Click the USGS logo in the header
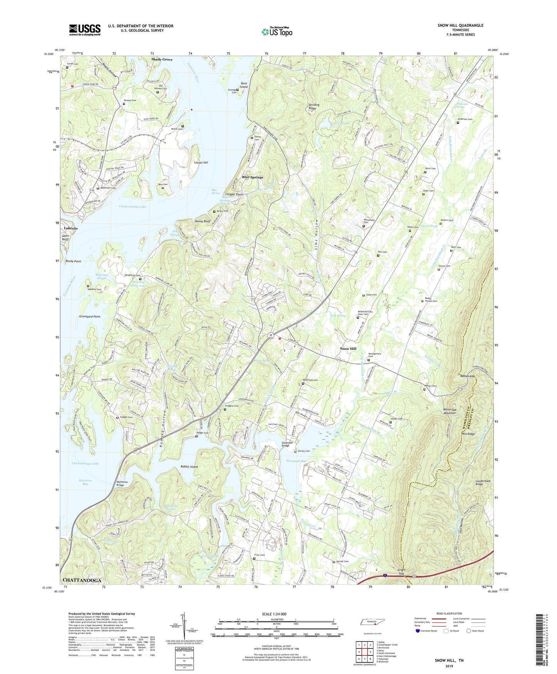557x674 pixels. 85,30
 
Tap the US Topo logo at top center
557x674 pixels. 276,32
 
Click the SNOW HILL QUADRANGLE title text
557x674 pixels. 460,25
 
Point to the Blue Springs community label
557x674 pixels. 252,177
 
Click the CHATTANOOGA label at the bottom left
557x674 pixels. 82,581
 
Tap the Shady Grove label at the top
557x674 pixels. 162,59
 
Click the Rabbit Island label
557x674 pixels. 189,467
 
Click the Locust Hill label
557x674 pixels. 200,163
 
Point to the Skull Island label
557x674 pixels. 244,85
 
